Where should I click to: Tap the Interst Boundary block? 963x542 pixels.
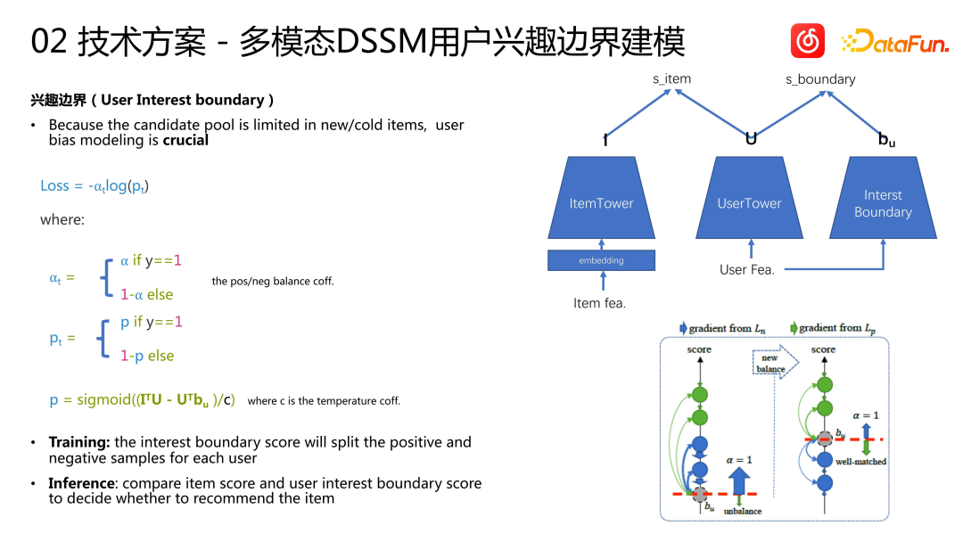[882, 202]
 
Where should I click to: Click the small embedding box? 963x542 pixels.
[601, 260]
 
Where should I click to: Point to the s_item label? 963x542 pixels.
[671, 78]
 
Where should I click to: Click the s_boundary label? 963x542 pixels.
[819, 79]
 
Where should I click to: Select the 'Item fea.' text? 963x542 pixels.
[599, 303]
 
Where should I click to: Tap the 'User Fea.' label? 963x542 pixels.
[746, 268]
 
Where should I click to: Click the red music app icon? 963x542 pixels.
[808, 41]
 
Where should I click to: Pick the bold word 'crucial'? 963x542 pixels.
[185, 140]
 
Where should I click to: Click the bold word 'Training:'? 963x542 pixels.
[80, 442]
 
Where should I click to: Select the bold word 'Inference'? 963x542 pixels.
[82, 483]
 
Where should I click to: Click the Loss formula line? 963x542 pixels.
[95, 185]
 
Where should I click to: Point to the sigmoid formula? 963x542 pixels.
[143, 400]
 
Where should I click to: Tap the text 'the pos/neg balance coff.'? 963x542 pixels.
[273, 281]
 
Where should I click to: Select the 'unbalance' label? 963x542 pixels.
[743, 512]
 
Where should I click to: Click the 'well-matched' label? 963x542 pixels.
[860, 462]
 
